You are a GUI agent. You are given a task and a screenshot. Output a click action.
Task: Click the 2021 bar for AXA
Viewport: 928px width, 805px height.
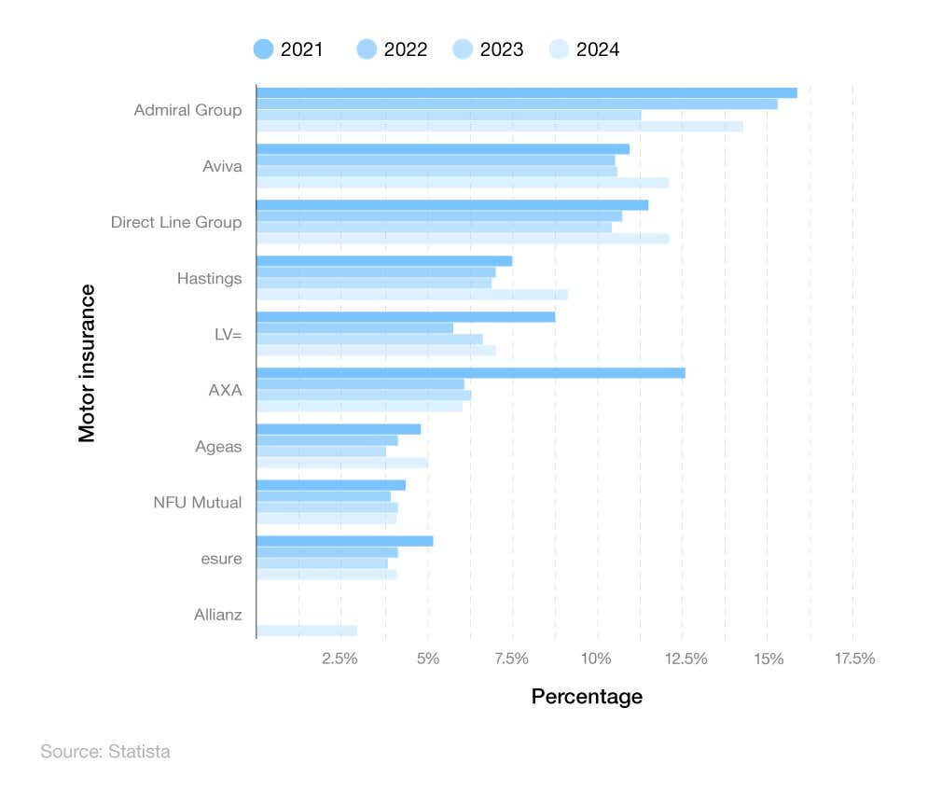tap(470, 373)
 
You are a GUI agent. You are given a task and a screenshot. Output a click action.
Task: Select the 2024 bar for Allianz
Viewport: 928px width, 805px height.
tap(306, 631)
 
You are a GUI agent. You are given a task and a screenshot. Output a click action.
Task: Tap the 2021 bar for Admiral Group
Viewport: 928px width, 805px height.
tap(526, 92)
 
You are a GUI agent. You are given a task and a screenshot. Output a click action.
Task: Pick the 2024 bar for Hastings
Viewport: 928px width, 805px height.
tap(411, 295)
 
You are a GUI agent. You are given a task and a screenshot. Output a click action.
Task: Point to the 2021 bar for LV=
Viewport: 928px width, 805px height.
tap(405, 317)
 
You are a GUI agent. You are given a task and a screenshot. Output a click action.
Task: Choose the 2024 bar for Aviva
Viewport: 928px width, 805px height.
tap(462, 183)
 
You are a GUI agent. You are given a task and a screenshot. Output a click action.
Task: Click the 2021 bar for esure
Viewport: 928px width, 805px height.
tap(344, 541)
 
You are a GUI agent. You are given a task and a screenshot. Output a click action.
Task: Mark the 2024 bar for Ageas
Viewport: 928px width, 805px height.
tap(341, 463)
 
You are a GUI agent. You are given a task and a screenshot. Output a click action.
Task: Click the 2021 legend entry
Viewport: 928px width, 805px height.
tap(288, 49)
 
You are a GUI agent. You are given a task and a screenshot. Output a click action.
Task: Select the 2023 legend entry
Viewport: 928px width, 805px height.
tap(487, 49)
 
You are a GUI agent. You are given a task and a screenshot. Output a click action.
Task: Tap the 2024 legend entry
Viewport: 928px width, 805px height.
tap(584, 49)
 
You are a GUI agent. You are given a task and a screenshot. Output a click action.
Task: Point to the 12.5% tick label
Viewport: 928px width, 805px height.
tap(686, 659)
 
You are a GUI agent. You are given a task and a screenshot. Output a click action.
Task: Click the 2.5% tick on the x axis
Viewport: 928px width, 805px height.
tap(339, 659)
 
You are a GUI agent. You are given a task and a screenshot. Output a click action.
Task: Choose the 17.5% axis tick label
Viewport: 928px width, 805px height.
tap(854, 659)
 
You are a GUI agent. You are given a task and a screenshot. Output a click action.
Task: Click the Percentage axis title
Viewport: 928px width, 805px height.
tap(587, 697)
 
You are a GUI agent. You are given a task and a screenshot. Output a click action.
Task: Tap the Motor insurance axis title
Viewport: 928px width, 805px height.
tap(87, 363)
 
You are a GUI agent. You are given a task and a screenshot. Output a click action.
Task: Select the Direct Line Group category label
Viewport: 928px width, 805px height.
tap(175, 222)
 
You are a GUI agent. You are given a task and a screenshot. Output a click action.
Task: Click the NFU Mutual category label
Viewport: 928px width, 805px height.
tap(197, 502)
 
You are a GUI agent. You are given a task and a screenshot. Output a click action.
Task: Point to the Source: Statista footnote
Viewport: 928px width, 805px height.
tap(105, 751)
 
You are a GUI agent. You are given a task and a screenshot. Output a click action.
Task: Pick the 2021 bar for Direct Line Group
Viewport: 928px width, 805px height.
tap(451, 205)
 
